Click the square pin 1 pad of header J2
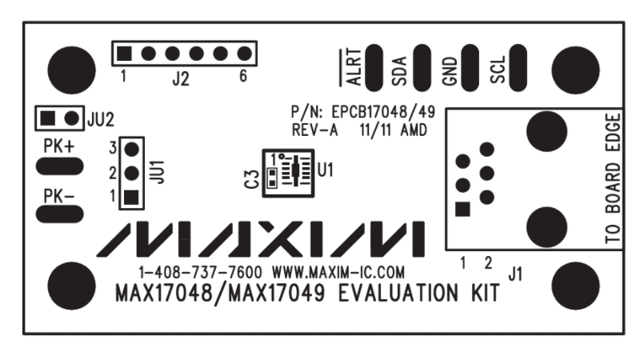[x=124, y=54]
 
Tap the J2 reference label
[x=181, y=78]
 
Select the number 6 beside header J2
[x=242, y=78]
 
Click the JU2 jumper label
[x=100, y=118]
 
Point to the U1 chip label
[x=325, y=170]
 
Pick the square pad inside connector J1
[x=462, y=210]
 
